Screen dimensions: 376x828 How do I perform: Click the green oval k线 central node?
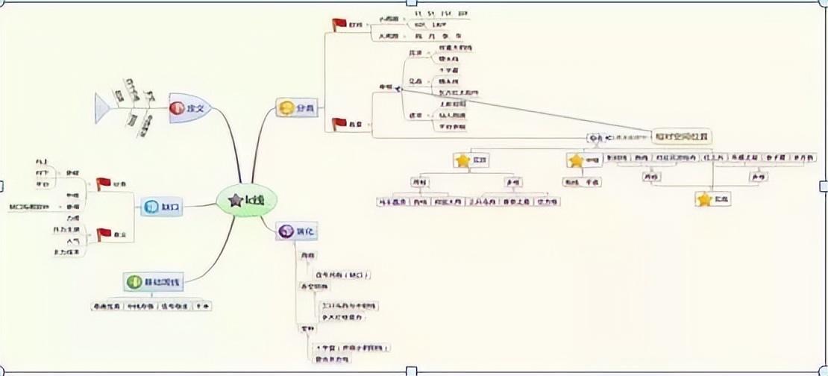(x=247, y=200)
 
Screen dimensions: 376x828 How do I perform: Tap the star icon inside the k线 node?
(x=236, y=200)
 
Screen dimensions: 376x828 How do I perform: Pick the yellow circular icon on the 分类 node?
(x=285, y=108)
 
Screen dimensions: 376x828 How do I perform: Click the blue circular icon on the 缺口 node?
(x=148, y=207)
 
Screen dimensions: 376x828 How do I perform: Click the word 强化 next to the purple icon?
(x=307, y=233)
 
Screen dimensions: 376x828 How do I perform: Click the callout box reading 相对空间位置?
(x=681, y=137)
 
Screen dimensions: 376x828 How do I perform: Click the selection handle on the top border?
(x=411, y=2)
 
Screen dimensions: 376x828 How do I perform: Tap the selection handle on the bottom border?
(x=411, y=371)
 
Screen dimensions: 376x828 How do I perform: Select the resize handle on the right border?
(x=824, y=186)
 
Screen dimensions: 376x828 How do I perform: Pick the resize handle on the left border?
(x=2, y=186)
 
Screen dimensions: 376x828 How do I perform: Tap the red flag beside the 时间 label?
(x=339, y=25)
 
